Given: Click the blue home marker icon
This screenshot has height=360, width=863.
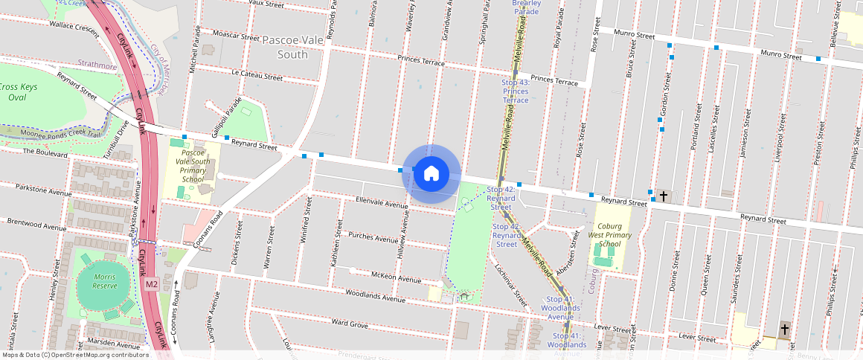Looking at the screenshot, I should pos(431,174).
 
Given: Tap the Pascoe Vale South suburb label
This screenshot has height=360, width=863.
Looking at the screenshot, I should pos(292,46).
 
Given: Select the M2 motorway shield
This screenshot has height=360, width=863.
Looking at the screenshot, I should pos(152,284).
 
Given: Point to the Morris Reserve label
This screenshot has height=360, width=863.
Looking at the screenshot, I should pos(105,282).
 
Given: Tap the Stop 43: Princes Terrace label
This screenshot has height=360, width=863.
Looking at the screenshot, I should pos(515,91).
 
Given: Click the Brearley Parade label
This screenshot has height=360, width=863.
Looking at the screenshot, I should pos(526,7).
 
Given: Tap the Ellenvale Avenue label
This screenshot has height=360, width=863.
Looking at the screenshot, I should pos(382,202).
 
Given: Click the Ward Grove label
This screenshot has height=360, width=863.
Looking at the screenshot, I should pos(350,324).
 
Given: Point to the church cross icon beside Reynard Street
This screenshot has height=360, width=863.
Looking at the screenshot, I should pos(664,196).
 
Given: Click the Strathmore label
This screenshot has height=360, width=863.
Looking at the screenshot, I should pos(97,66).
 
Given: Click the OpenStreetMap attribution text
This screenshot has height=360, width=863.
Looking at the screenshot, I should pos(74,355).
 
